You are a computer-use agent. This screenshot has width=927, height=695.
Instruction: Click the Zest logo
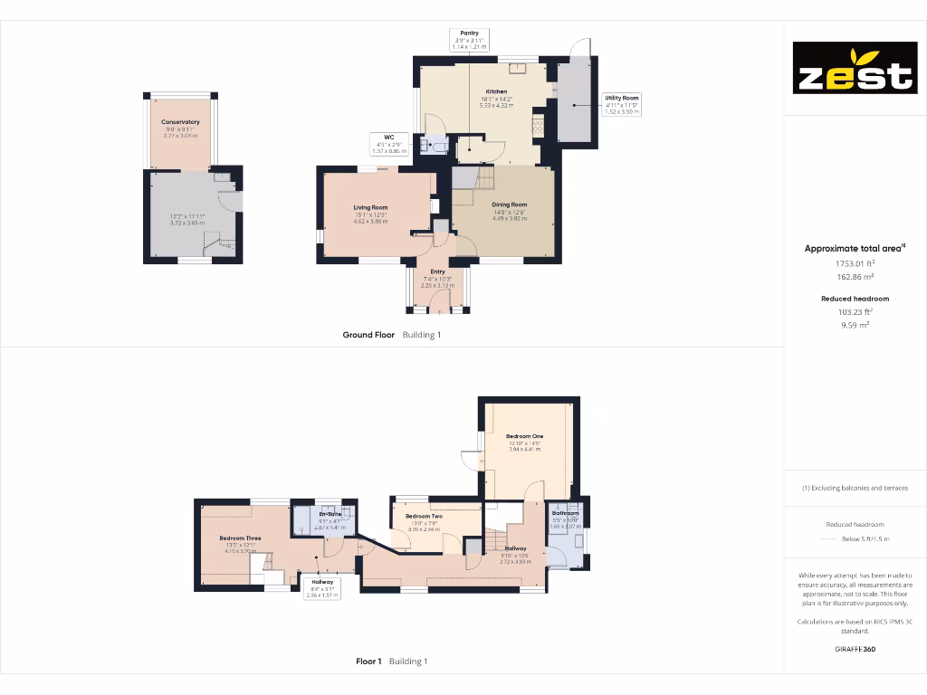[855, 68]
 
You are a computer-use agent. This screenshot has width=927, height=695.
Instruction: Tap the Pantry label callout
[469, 39]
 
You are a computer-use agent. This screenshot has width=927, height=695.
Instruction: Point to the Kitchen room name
[496, 92]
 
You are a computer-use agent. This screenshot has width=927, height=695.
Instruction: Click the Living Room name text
[370, 208]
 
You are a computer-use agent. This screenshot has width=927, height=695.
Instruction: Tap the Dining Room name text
[509, 205]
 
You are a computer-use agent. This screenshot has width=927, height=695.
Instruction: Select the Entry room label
[437, 271]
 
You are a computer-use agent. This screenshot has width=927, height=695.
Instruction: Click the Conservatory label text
[180, 122]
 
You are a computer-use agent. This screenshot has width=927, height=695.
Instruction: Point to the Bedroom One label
[524, 436]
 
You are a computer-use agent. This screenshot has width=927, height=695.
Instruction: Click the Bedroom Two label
[423, 516]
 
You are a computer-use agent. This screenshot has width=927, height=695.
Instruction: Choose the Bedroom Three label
[240, 538]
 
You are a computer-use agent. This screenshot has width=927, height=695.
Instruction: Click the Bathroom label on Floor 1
[566, 513]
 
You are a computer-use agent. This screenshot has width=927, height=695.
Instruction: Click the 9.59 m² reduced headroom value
[855, 324]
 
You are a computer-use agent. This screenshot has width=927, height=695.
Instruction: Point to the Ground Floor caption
[368, 335]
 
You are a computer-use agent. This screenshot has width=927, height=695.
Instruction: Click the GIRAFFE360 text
[855, 649]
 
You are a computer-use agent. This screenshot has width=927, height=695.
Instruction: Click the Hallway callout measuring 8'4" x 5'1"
[321, 588]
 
